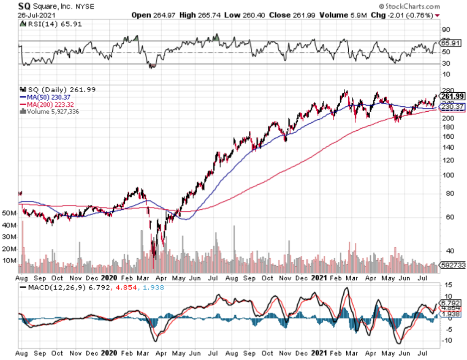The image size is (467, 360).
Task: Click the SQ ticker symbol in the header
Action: click(24, 7)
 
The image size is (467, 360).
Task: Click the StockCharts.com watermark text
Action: click(412, 6)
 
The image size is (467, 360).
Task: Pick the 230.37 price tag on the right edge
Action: click(453, 107)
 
